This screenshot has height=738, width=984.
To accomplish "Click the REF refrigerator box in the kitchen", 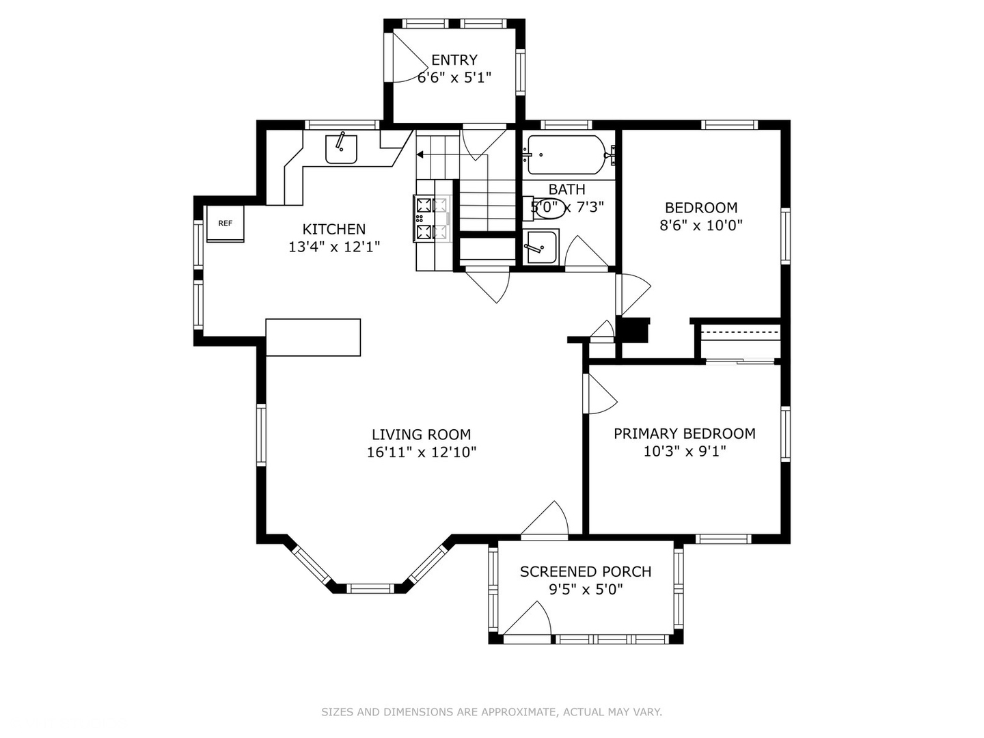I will tap(225, 223).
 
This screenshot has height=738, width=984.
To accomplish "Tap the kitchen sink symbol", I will tap(341, 149).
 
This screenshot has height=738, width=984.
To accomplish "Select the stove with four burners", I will tap(431, 219).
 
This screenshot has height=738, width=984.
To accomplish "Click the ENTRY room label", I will tap(454, 60).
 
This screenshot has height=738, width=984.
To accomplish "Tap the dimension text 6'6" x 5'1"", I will tap(454, 77).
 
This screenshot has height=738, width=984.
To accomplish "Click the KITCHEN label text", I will tap(333, 230).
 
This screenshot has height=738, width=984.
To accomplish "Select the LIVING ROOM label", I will tap(421, 435).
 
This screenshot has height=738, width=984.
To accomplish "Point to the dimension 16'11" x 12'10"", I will tap(421, 452).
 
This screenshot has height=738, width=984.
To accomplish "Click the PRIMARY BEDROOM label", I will tap(684, 433).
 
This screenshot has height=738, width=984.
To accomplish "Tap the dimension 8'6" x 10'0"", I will tap(700, 225).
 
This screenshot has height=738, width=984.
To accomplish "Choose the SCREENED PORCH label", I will tap(585, 571).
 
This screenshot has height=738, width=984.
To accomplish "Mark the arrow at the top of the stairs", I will tap(420, 155).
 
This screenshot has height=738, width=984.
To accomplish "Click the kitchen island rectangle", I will tap(313, 337).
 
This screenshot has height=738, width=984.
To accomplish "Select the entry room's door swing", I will tap(408, 58).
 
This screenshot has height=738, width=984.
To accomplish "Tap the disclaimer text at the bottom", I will tap(491, 712).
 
